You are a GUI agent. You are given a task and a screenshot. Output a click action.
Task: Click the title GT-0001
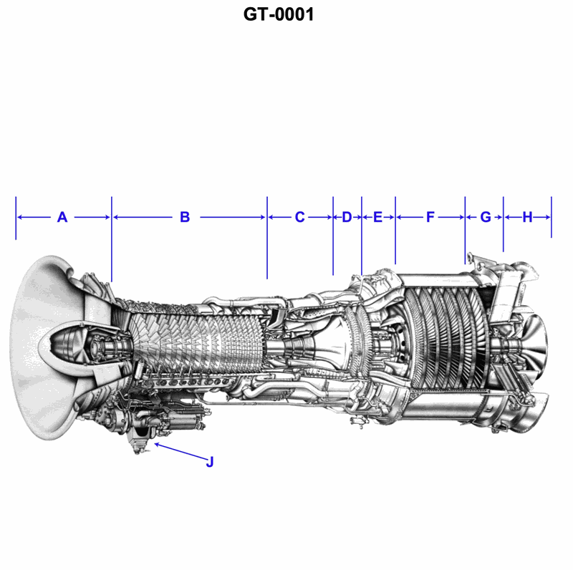point(279,14)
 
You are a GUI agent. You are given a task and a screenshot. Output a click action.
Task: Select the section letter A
point(62,217)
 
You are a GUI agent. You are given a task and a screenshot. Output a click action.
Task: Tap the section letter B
point(185,217)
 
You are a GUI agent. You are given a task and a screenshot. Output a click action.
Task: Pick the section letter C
point(299,217)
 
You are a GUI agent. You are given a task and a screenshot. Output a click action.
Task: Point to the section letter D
point(347,217)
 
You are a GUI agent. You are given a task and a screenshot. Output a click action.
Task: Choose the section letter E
point(378,217)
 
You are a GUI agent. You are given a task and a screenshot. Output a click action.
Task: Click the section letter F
point(430,217)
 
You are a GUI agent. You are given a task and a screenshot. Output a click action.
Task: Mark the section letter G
point(486,217)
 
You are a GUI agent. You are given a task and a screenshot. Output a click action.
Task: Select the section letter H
point(527,217)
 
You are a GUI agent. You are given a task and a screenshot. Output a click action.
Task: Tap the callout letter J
point(210,462)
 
